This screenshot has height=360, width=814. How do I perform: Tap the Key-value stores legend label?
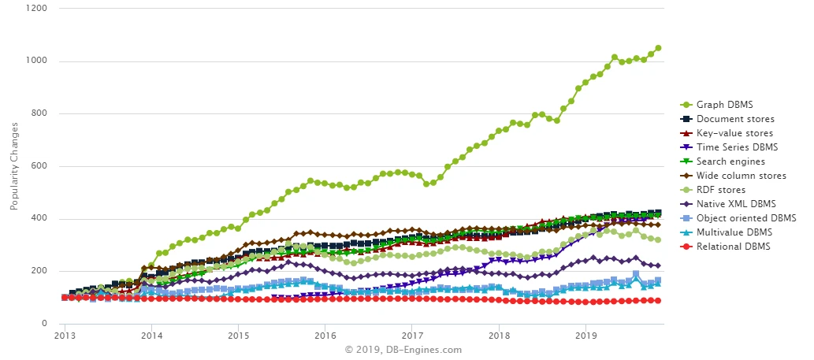[x=733, y=133]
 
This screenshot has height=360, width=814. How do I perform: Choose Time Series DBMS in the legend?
[x=737, y=147]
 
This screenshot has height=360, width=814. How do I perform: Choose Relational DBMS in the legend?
[x=734, y=247]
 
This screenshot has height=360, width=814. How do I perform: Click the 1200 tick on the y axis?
[x=37, y=9]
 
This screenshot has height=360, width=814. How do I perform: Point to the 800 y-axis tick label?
[x=39, y=113]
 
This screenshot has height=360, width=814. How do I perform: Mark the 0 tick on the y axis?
[x=45, y=324]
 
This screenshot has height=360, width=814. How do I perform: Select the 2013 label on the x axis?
[x=65, y=336]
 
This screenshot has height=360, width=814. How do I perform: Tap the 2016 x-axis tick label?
[x=325, y=336]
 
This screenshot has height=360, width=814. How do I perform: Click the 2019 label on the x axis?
[x=585, y=336]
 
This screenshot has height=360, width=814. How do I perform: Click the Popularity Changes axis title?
[x=13, y=166]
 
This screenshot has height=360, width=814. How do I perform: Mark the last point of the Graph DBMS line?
[x=658, y=48]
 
